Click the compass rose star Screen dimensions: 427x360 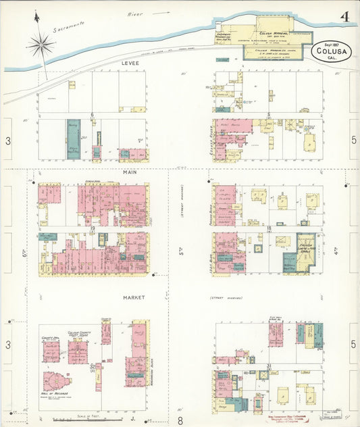[x=42, y=46]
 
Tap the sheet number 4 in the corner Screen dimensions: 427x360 [x=344, y=17]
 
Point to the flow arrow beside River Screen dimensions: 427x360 [x=160, y=12]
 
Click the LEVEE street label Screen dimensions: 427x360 [x=130, y=63]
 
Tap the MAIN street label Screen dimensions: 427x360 [x=130, y=173]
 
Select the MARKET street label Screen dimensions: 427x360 [x=134, y=297]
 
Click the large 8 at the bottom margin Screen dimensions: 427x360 [x=180, y=420]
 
